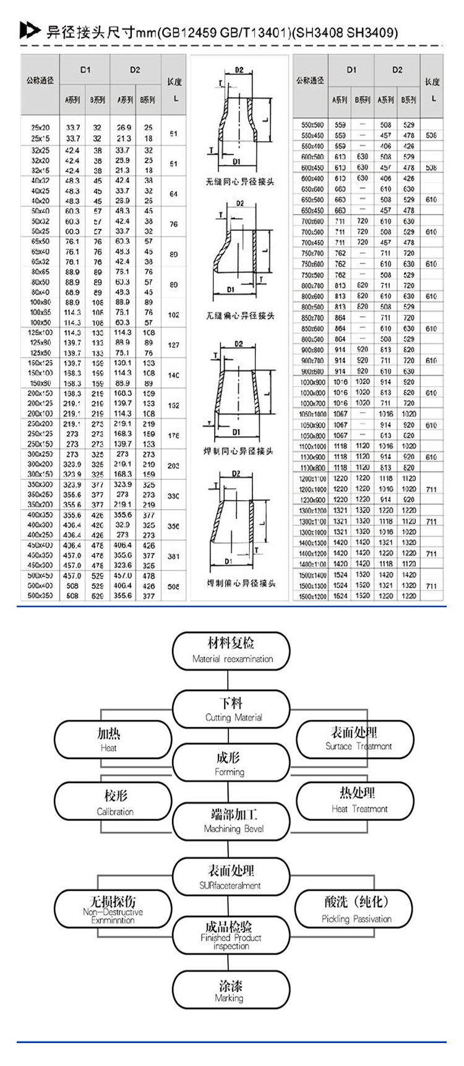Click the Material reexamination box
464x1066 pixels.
(x=232, y=651)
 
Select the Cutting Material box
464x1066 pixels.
(x=232, y=710)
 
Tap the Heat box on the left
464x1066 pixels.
(x=113, y=740)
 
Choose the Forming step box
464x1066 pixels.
(x=231, y=763)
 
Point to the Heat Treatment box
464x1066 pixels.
(x=358, y=801)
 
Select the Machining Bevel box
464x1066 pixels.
(x=232, y=821)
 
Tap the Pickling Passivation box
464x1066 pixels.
(x=356, y=909)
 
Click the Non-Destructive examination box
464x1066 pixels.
(x=113, y=909)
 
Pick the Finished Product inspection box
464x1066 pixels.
(x=231, y=935)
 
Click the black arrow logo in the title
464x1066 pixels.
(x=29, y=30)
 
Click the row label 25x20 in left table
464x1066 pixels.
(x=40, y=127)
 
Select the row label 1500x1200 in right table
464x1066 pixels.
(x=312, y=596)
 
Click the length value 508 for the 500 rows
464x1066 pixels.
(x=173, y=585)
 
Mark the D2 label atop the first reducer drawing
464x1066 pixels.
(x=239, y=71)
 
